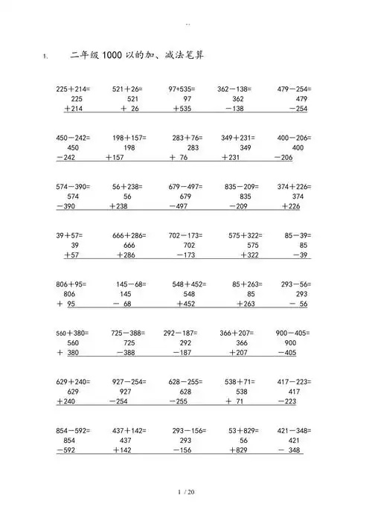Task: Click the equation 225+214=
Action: pos(73,89)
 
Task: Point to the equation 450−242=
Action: pos(73,138)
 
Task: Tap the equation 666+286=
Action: pos(129,236)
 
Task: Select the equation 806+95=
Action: pos(72,284)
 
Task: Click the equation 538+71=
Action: pos(238,382)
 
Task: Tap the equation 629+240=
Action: pos(73,382)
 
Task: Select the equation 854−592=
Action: pos(73,431)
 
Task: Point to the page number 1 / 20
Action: pos(186,493)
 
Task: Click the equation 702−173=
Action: pos(185,236)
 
